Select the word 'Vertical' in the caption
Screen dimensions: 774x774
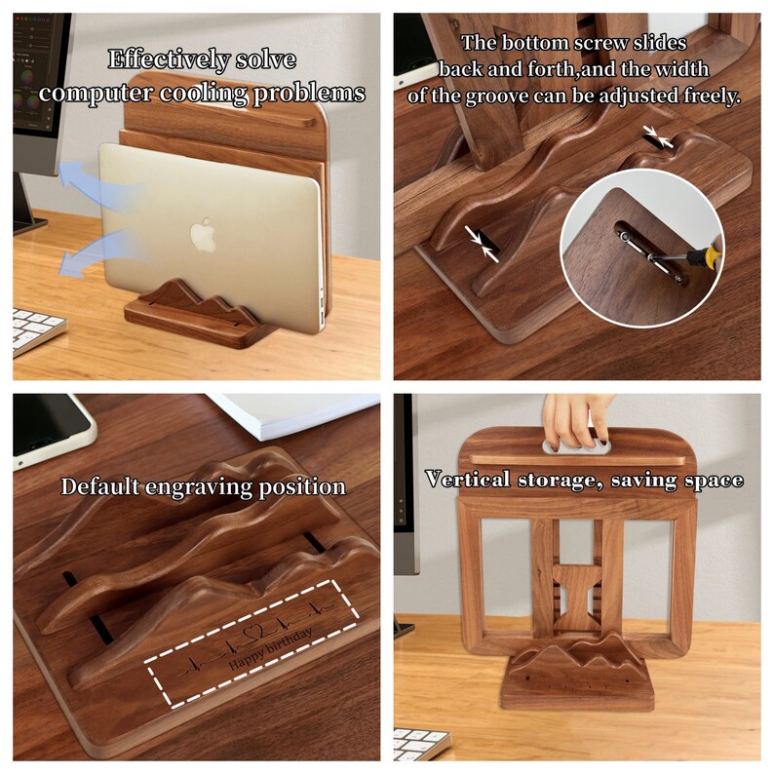[465, 480]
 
